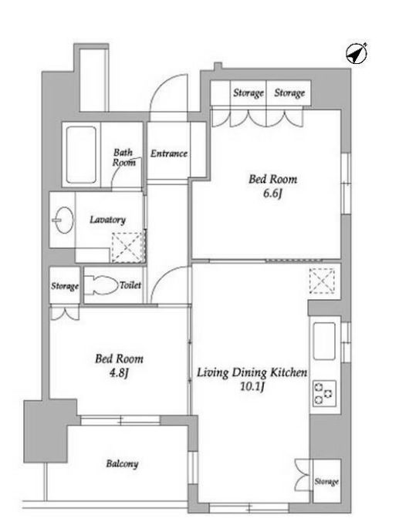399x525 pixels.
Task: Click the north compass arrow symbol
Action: [357, 53]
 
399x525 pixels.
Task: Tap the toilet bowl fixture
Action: [100, 285]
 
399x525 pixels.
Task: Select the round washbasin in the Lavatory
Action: [64, 220]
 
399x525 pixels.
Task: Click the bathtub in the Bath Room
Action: [81, 154]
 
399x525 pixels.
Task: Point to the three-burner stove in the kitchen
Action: [324, 393]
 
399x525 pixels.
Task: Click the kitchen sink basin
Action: [324, 341]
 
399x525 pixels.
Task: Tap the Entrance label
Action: [169, 153]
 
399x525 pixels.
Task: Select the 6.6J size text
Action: [272, 194]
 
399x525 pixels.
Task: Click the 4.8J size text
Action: [119, 373]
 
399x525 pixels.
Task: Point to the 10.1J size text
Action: [252, 387]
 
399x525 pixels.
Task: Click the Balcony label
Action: [122, 464]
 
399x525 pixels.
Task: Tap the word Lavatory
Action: [107, 220]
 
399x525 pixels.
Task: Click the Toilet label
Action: [130, 285]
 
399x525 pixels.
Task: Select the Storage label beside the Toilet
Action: [65, 286]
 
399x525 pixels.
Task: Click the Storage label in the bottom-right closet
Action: [326, 482]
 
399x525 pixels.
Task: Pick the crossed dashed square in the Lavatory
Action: [128, 247]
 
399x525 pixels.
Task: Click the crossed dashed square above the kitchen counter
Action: [322, 281]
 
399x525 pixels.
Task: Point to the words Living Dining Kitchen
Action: [252, 372]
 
